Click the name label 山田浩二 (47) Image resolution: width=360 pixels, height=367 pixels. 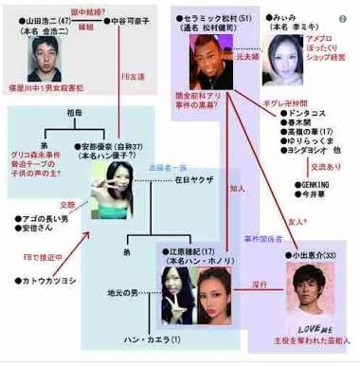pyautogui.click(x=40, y=17)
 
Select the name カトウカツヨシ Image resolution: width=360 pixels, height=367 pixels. pyautogui.click(x=47, y=281)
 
